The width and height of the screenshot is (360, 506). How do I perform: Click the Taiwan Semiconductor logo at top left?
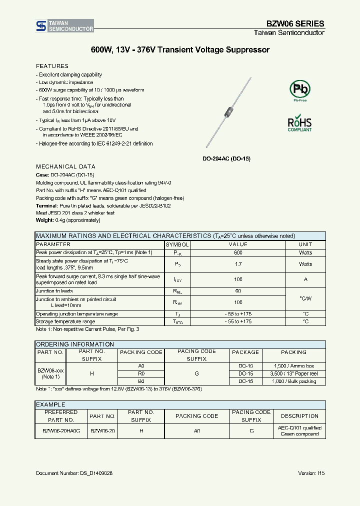(x=64, y=26)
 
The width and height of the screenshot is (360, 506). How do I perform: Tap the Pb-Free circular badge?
(x=300, y=90)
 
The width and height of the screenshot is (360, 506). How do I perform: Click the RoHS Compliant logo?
(x=299, y=124)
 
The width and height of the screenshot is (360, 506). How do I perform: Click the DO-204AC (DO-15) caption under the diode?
(x=226, y=158)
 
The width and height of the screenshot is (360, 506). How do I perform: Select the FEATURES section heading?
(x=52, y=66)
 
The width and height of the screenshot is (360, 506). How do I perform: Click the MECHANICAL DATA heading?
(x=65, y=166)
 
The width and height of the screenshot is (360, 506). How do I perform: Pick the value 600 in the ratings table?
(x=238, y=252)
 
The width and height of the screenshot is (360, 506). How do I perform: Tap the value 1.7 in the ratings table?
(x=238, y=264)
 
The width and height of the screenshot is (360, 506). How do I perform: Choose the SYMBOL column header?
(x=177, y=244)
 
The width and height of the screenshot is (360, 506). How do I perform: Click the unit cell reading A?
(x=305, y=279)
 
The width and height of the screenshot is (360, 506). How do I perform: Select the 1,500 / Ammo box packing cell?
(x=295, y=366)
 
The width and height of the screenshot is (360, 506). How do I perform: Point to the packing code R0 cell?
(x=141, y=373)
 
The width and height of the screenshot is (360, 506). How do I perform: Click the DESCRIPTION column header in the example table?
(x=299, y=416)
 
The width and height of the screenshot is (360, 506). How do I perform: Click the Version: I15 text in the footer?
(x=311, y=473)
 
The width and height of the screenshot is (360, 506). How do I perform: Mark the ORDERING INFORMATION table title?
(x=75, y=344)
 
